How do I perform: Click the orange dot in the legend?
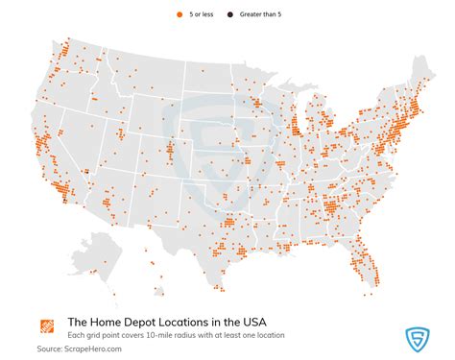[x=180, y=14]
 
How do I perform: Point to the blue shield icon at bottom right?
[x=418, y=338]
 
